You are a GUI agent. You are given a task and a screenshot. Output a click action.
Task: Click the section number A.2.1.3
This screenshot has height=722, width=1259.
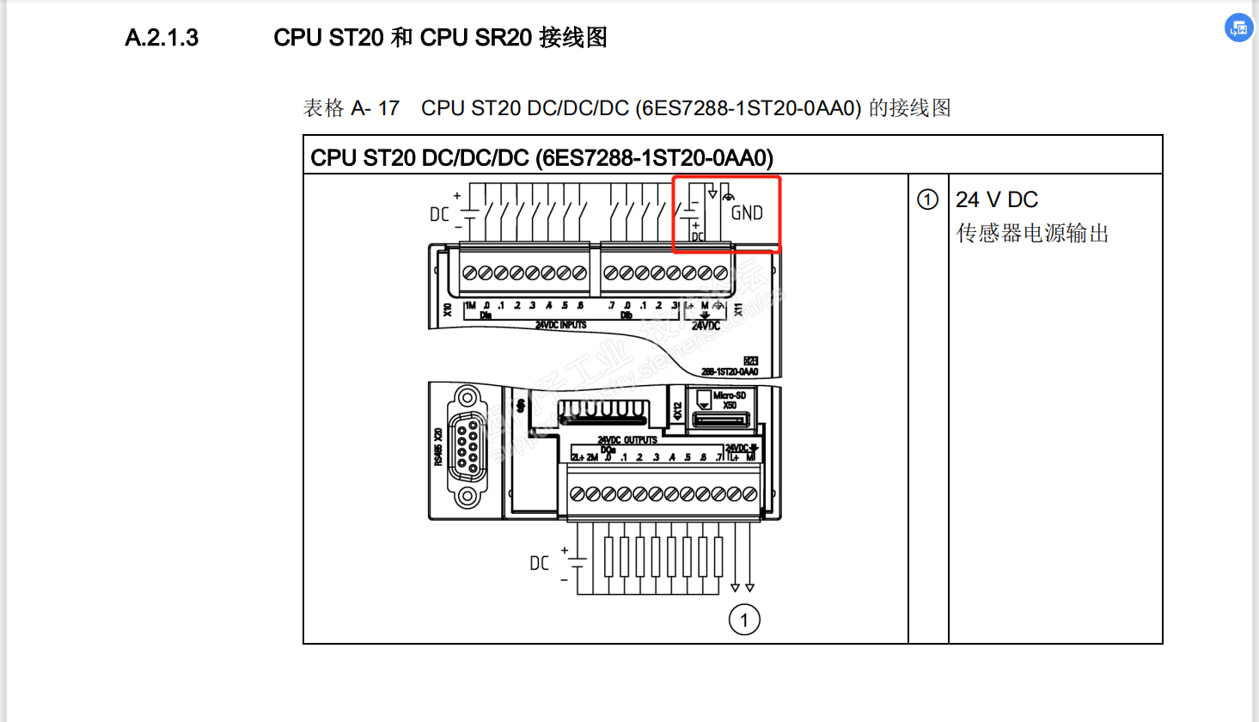point(162,38)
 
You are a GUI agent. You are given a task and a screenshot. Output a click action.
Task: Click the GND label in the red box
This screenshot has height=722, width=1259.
point(747,213)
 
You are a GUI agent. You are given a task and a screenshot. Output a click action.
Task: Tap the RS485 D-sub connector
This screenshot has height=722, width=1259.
point(468,447)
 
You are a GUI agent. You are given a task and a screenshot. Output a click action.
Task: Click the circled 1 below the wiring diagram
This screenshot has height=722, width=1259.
point(744,620)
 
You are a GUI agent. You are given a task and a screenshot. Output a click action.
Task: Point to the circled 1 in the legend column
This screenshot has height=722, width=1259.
point(927,200)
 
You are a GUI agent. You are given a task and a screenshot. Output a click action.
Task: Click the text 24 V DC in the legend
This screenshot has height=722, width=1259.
point(997,200)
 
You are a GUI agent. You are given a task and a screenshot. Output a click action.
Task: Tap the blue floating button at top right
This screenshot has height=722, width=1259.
point(1238,28)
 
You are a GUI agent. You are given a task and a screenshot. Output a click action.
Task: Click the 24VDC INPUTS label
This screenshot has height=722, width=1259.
point(561,325)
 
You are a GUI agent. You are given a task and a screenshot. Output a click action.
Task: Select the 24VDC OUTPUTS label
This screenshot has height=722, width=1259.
point(627,440)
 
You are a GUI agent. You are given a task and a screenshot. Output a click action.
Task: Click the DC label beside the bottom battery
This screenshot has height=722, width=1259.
point(539,564)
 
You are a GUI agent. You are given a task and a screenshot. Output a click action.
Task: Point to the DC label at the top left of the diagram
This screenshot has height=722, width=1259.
point(439,214)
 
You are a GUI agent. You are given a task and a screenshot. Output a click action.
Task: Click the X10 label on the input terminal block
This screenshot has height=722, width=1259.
point(447,309)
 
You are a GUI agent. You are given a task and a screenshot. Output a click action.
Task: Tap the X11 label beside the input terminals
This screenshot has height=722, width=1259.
point(738,309)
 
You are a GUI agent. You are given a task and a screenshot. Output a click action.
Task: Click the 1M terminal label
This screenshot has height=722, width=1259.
point(470,306)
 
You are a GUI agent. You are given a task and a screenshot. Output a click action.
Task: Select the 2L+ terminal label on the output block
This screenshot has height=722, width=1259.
point(578,457)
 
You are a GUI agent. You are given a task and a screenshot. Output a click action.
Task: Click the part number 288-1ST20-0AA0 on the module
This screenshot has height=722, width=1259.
point(730,372)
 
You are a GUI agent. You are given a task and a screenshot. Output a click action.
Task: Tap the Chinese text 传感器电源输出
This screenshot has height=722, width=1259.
point(1032,234)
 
